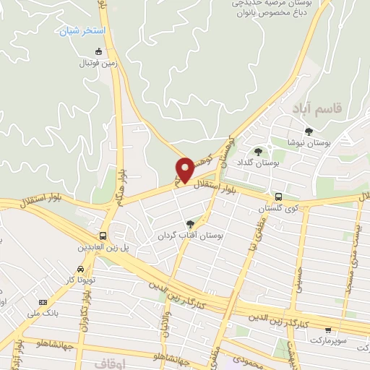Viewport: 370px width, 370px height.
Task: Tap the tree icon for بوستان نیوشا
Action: tap(309, 131)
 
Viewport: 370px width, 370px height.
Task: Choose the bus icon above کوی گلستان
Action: tap(277, 197)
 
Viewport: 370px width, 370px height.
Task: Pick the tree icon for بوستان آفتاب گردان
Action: tap(190, 223)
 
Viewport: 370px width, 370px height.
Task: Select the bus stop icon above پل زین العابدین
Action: tap(103, 236)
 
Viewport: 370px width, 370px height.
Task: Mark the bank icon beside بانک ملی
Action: tap(43, 301)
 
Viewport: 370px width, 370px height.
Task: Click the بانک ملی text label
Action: tap(40, 313)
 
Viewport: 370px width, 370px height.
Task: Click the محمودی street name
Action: tap(244, 360)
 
